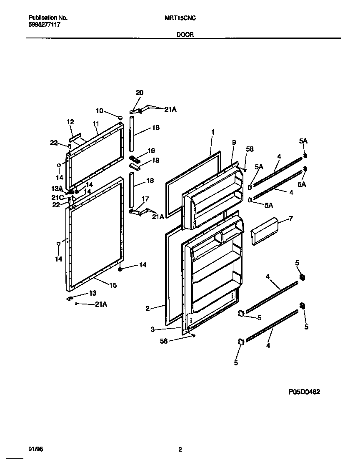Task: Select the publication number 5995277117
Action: point(45,25)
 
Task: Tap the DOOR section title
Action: point(185,35)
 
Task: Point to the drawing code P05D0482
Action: point(304,392)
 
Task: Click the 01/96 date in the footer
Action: point(35,449)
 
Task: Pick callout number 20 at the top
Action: point(139,93)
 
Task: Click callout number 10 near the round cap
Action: point(99,111)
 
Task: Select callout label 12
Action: point(70,122)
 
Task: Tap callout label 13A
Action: point(57,188)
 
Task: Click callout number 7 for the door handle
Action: point(290,218)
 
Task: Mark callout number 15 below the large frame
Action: point(113,285)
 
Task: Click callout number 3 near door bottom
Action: point(153,329)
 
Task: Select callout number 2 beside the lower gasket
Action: point(147,309)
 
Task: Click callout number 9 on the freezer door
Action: point(234,142)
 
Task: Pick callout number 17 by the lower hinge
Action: point(145,199)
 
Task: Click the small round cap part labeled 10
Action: point(120,118)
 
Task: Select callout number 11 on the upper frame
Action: point(95,123)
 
